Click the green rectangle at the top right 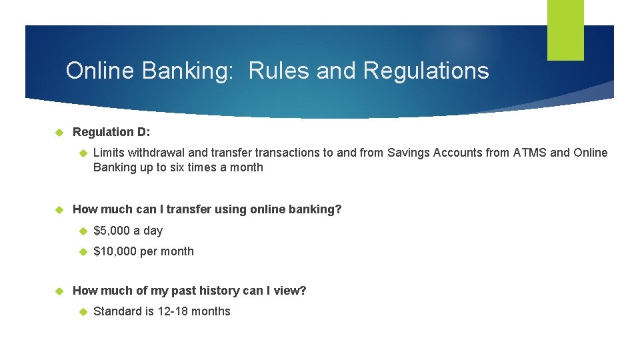click(x=565, y=30)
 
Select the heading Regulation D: click(x=111, y=132)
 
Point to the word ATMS click(x=529, y=153)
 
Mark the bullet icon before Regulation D click(x=57, y=132)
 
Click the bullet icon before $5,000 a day click(x=83, y=231)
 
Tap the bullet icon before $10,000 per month click(x=83, y=251)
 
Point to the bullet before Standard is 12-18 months click(x=83, y=311)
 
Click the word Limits click(x=109, y=153)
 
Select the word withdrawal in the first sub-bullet click(x=156, y=153)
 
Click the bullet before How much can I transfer click(x=57, y=209)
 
